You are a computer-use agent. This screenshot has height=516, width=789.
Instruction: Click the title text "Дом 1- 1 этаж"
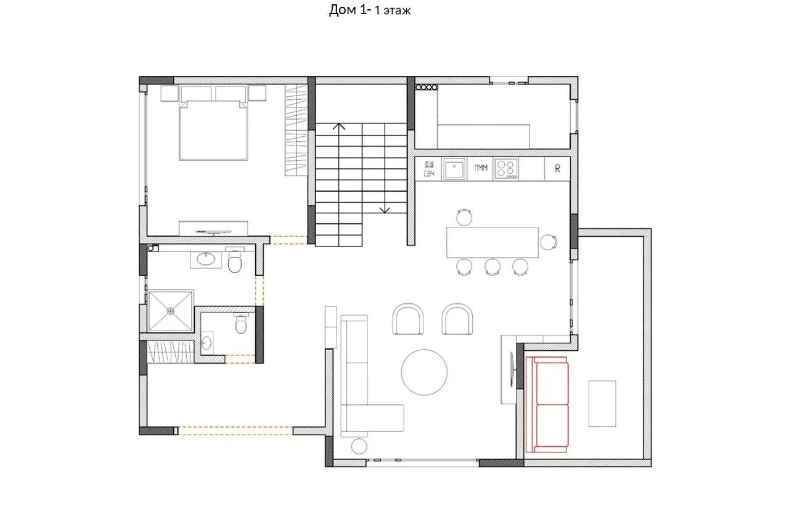pos(369,10)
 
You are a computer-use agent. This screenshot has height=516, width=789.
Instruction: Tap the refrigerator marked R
pos(557,169)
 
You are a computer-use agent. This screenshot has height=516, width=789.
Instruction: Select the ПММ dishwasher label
pos(481,168)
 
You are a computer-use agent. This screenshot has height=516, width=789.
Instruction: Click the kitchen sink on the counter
pos(454,169)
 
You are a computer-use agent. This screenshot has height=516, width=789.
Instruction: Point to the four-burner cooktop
pos(506,169)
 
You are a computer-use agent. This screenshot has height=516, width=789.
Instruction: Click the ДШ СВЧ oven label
pos(429,169)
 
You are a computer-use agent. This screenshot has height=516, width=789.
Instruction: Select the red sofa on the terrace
pos(547,404)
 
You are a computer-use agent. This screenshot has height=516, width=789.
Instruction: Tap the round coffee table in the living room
pos(424,372)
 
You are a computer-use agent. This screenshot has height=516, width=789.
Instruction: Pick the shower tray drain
pos(171,311)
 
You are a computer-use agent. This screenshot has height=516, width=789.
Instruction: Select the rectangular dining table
pos(493,242)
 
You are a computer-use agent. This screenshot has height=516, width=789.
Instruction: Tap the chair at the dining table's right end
pos(549,242)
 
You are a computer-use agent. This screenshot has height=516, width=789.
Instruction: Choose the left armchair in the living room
pos(408,319)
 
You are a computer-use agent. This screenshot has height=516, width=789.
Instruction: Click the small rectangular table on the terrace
pos(602,403)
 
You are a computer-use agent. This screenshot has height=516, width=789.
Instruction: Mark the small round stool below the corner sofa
pos(359,446)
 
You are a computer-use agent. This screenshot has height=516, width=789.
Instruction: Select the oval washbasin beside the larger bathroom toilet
pos(206,260)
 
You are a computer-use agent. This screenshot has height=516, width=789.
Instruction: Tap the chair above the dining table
pos(464,217)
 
